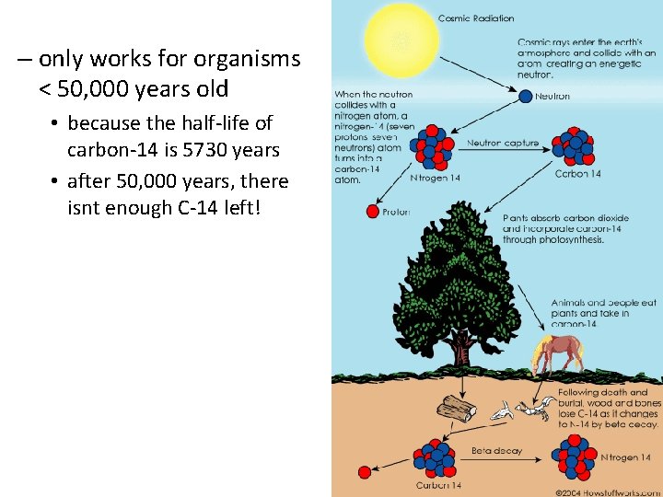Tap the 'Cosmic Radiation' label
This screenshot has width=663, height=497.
coord(476,17)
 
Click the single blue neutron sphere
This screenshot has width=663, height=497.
coord(526,96)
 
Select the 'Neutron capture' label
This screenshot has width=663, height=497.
coord(502,144)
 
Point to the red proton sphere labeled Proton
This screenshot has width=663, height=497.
coord(373,212)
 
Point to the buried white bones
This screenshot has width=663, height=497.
coord(522,410)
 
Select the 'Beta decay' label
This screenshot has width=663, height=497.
coord(496,451)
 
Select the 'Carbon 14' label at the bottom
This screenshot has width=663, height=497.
coord(438,485)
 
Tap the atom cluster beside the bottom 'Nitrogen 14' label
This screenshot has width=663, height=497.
coord(575,456)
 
